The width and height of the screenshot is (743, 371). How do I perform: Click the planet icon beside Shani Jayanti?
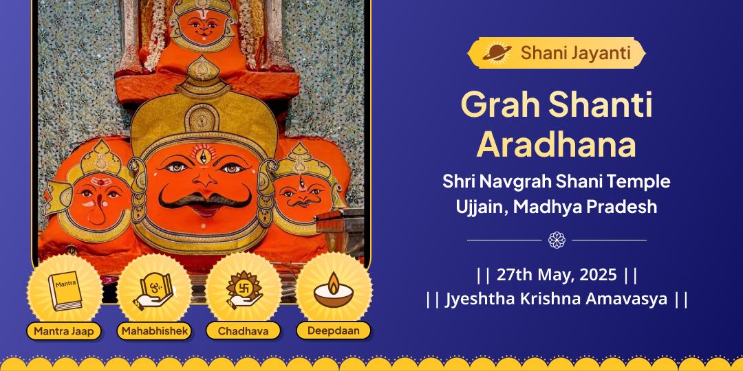point(495,52)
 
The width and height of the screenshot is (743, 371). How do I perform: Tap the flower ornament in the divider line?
point(557,240)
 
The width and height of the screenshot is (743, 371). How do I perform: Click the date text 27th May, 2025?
point(557,275)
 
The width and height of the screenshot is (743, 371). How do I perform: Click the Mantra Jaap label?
point(63,331)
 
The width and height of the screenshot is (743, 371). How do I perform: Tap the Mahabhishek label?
point(154,331)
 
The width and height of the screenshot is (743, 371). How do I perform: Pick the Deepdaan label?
point(334,331)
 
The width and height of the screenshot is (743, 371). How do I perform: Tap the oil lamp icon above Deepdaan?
point(334,289)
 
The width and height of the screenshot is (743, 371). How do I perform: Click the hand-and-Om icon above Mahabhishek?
point(153,289)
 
